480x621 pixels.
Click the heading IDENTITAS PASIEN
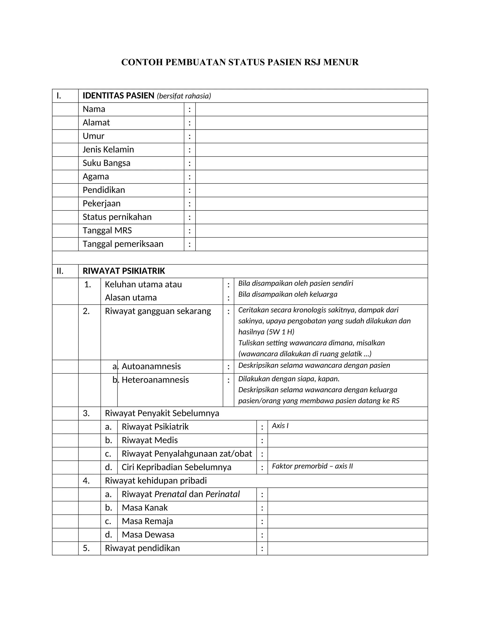(x=118, y=96)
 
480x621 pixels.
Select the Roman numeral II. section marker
(x=60, y=271)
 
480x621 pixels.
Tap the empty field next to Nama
(x=311, y=109)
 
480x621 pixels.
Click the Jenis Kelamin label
(x=108, y=150)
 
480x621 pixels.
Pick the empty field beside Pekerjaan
(x=311, y=204)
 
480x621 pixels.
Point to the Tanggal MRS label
(x=107, y=231)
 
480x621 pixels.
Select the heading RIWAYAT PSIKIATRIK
(x=124, y=271)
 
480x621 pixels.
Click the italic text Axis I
(x=280, y=426)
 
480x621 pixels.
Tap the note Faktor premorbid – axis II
(x=312, y=466)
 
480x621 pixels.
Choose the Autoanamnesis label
(x=151, y=367)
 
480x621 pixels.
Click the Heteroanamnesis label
(x=155, y=380)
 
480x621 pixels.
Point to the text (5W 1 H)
(x=280, y=332)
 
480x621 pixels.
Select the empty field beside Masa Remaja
(x=348, y=521)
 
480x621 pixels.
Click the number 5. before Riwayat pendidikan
(x=86, y=548)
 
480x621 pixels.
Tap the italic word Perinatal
(x=222, y=494)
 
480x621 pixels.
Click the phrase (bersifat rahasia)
(x=184, y=96)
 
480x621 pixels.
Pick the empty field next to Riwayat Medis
(x=348, y=441)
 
